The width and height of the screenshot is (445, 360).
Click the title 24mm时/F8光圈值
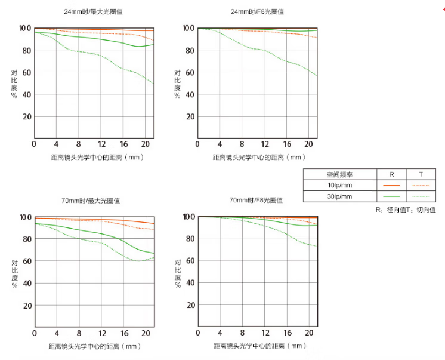[257, 11]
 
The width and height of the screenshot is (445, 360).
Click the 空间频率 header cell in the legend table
[339, 174]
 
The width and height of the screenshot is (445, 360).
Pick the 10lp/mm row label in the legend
[339, 185]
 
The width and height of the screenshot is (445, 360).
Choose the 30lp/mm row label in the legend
[339, 196]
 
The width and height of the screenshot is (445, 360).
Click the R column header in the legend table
[391, 174]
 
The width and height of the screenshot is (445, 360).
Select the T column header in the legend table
[421, 174]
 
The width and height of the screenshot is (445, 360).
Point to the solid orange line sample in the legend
[391, 185]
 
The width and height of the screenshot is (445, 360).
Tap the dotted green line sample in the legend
[421, 196]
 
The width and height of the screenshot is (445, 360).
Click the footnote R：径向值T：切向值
[406, 210]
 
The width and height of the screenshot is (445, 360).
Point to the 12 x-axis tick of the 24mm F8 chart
[265, 145]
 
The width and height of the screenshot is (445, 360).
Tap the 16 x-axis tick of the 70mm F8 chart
[288, 333]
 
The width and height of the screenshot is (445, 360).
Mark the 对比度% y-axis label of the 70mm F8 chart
[177, 273]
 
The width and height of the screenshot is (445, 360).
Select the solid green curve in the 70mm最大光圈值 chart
[102, 234]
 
